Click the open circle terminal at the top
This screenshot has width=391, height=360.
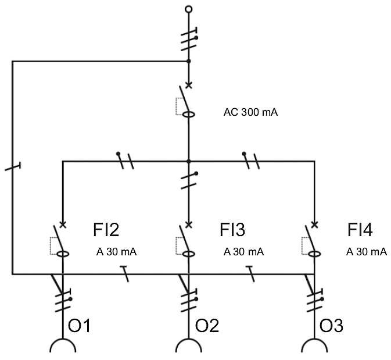(x=189, y=9)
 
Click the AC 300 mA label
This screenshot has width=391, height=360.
(x=250, y=112)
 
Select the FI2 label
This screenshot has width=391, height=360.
(x=106, y=230)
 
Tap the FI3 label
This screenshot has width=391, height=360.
(x=232, y=230)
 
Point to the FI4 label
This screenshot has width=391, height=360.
(x=360, y=230)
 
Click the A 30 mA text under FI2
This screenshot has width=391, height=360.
(x=116, y=252)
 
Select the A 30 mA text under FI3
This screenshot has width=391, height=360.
(x=243, y=252)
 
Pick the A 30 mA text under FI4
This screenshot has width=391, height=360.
(x=367, y=252)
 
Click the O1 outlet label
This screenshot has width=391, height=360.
(x=79, y=326)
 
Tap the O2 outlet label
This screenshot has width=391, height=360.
(x=207, y=326)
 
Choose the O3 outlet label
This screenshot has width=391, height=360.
(x=331, y=326)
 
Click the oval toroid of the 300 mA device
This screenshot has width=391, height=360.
(x=188, y=115)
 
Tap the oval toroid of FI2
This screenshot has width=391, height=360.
(x=63, y=254)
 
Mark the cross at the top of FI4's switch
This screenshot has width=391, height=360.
(x=315, y=224)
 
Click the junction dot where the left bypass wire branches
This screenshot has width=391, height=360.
(x=188, y=61)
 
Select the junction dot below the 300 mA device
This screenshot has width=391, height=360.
(x=188, y=162)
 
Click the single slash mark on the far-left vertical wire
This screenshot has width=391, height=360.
(x=12, y=166)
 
